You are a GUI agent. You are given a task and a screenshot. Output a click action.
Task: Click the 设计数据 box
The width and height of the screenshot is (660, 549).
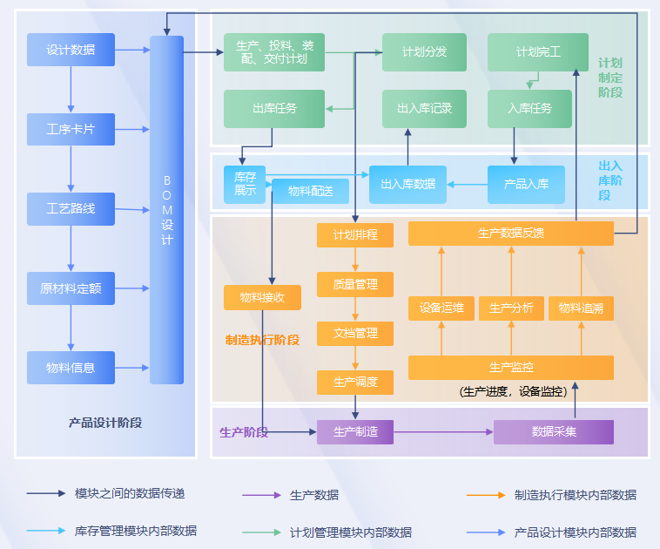(x=71, y=50)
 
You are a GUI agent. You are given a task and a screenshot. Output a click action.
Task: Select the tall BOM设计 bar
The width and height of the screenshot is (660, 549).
(x=166, y=210)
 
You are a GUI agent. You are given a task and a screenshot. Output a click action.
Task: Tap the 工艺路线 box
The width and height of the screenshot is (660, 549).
(x=71, y=209)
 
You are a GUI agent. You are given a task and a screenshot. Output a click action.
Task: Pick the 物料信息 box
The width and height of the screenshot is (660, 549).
(x=71, y=368)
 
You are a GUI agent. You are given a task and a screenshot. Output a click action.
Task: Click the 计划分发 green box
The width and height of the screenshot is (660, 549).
(x=424, y=52)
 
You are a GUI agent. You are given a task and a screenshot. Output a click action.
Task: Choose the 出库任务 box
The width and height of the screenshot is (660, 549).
(x=274, y=109)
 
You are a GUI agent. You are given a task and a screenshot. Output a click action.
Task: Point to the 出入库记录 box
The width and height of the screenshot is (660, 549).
(x=424, y=109)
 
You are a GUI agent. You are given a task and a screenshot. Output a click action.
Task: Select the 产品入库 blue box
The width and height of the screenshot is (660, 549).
(x=526, y=185)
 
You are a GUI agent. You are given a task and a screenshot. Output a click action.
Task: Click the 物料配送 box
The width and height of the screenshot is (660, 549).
(x=310, y=192)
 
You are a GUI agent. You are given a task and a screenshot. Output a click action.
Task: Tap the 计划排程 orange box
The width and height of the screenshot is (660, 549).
(x=355, y=235)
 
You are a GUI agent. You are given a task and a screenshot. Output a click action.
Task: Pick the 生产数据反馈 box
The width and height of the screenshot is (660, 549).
(x=511, y=234)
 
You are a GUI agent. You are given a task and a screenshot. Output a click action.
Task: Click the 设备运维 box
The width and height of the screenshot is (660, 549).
(x=441, y=308)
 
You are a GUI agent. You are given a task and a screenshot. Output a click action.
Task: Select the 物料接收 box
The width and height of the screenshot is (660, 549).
(x=262, y=297)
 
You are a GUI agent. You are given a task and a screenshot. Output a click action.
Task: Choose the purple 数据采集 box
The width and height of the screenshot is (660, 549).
(x=554, y=432)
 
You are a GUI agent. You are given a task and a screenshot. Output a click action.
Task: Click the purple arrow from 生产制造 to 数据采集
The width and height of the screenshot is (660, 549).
(x=444, y=432)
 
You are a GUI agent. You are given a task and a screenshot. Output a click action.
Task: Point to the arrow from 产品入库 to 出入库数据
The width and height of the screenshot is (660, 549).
(x=468, y=185)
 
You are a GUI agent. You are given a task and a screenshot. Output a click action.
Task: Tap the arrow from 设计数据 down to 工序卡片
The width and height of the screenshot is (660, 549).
(x=71, y=90)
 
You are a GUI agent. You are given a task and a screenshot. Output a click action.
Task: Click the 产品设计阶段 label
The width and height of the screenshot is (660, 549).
(x=105, y=423)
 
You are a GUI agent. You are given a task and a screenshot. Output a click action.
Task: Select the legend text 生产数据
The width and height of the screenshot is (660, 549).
(x=314, y=495)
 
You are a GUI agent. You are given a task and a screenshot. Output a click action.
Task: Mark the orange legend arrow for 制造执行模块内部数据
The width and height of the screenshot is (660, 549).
(x=486, y=495)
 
